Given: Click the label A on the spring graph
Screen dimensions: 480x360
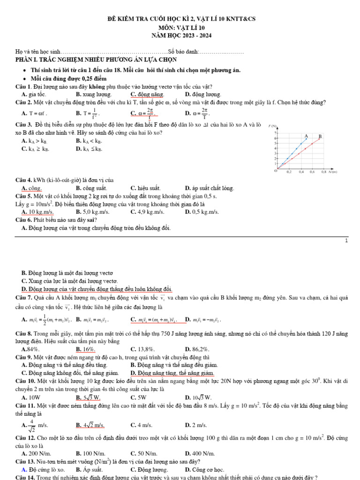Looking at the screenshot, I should click(x=306, y=135).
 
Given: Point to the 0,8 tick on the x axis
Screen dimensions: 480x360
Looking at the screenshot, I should click(x=323, y=172).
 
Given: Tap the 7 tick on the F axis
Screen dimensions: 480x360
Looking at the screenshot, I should click(x=275, y=133).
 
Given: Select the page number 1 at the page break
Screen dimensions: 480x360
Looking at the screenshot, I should click(x=346, y=240).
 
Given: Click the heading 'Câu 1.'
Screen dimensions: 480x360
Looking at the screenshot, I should click(x=23, y=87).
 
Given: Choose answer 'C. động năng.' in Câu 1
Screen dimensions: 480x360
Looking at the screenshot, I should click(x=143, y=94).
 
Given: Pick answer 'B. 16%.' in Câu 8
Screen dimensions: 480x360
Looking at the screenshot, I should click(x=85, y=349).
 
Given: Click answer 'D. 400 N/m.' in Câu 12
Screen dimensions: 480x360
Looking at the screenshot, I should click(x=200, y=453).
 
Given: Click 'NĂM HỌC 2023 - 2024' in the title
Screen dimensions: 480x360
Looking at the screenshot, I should click(x=180, y=35).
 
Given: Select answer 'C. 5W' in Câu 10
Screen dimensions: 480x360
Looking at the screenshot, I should click(x=139, y=397).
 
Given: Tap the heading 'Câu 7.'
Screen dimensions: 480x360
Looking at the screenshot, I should click(x=23, y=298).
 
